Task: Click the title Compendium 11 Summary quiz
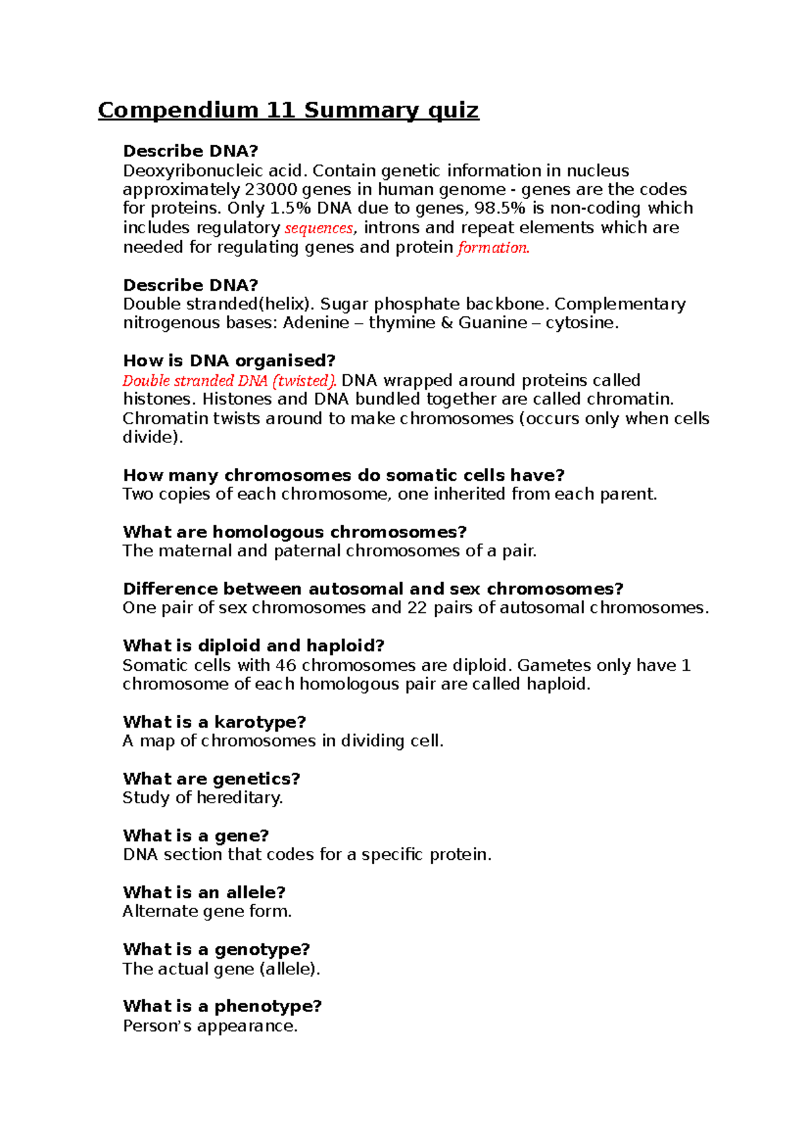pos(288,110)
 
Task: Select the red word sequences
pos(319,228)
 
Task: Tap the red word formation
pos(493,247)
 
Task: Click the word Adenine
pos(316,323)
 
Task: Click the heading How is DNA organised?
pos(229,361)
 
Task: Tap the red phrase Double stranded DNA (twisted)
pos(229,380)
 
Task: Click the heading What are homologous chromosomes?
pos(294,532)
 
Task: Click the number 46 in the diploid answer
pos(285,666)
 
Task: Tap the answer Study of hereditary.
pos(202,798)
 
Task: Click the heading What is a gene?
pos(196,836)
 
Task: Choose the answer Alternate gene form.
pos(207,912)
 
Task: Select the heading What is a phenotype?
pos(222,1007)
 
